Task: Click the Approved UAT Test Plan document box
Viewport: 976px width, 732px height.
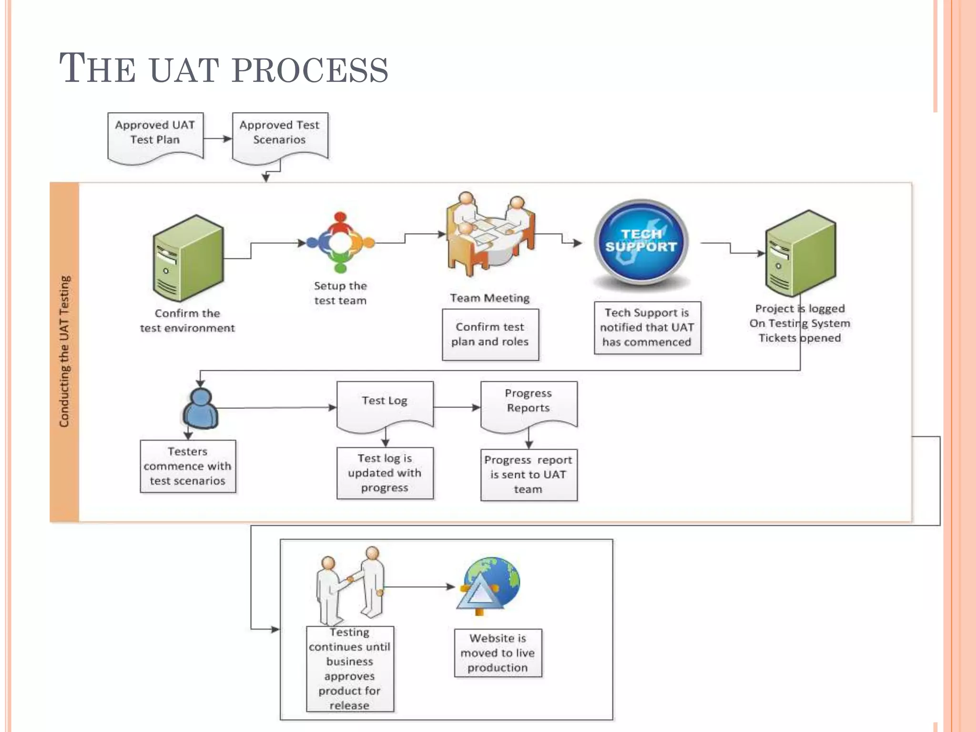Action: coord(155,136)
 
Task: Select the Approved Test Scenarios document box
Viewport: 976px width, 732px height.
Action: coord(280,136)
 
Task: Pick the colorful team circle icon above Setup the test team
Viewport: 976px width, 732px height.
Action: coord(340,242)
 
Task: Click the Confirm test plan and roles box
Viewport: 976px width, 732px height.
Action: coord(490,335)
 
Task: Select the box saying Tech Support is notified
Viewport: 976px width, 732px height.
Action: coord(647,328)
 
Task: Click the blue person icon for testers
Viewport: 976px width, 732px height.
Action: coord(201,409)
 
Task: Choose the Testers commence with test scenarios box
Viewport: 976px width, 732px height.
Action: coord(188,466)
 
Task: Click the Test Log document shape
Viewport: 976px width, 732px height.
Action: coord(385,405)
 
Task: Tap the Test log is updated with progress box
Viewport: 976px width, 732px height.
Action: coord(385,473)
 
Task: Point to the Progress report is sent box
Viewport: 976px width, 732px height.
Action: coord(529,475)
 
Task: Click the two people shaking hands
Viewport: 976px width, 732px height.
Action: coord(350,586)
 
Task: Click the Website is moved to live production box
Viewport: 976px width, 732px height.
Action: coord(498,653)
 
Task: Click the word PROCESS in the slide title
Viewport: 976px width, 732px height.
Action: coord(310,70)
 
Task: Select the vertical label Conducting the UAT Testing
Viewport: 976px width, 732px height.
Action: coord(64,352)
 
